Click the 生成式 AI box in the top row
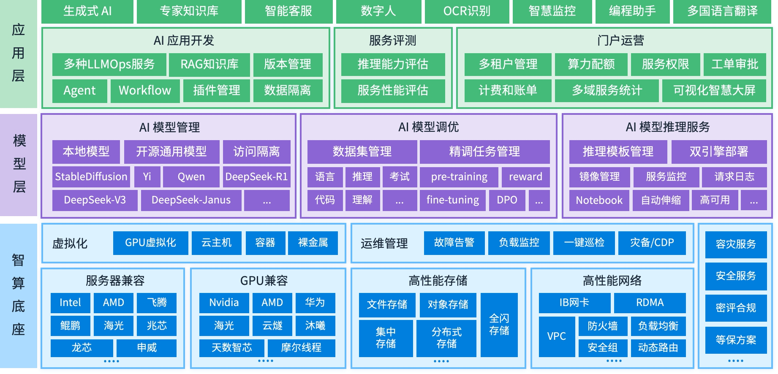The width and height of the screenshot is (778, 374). pos(87,11)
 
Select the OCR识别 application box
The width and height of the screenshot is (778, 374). pos(467,11)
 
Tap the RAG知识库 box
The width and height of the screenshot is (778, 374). pos(209,64)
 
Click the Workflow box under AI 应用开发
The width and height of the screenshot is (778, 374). pos(145,90)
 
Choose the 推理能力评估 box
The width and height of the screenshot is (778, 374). pos(393,64)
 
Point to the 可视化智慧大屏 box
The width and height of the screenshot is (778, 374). pos(714,90)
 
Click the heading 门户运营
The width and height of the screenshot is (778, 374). pos(620,41)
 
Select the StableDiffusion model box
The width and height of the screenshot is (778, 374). pos(91,176)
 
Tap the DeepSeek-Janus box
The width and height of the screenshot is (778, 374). pos(191,200)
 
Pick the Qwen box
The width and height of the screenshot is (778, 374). pos(191,176)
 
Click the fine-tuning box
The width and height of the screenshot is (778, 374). pos(453,200)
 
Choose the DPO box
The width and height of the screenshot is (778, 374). pos(507,200)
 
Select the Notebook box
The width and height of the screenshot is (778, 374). pos(599,200)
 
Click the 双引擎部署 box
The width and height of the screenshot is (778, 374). pos(719,152)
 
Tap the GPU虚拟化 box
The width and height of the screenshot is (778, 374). pos(150,243)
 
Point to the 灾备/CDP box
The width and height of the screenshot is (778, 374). pos(652,243)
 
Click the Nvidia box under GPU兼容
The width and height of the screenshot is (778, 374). pos(224,303)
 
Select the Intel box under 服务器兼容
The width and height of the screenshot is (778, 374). pos(70,303)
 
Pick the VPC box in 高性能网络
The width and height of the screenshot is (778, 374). pos(556,336)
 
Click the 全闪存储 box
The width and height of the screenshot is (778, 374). pos(499,325)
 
